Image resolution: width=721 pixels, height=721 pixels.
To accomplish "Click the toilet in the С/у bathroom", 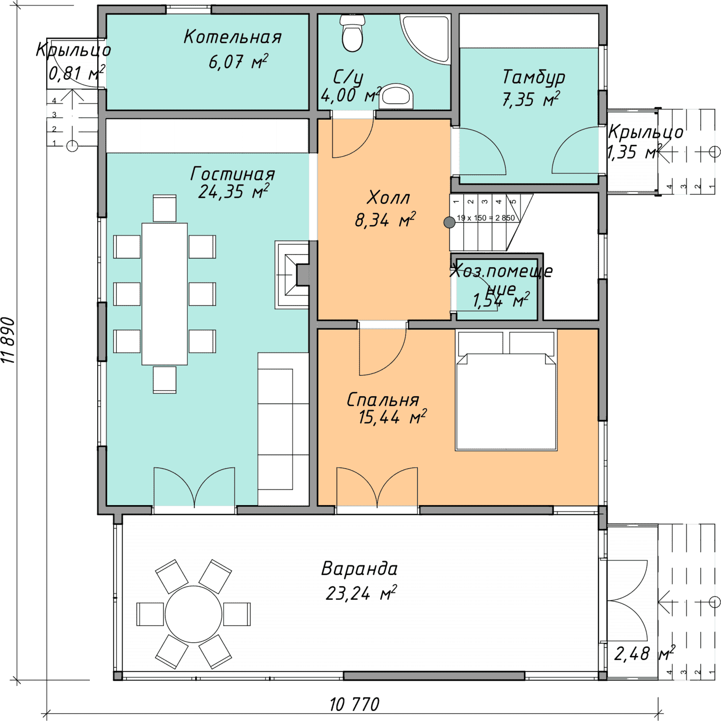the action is pos(352,33).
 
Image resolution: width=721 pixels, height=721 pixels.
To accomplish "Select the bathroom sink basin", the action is pos(397,96).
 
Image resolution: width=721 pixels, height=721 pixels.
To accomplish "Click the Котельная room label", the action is pos(232,37).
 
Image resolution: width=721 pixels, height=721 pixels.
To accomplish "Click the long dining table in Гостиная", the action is pos(164,294).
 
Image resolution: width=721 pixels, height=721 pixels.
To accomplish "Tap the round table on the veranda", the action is pos(193,614).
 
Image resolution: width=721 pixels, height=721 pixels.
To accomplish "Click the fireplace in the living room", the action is pos(292,274).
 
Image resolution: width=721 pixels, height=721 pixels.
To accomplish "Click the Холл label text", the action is pos(389,198).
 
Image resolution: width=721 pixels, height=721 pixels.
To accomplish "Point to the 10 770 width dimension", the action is pos(354,704).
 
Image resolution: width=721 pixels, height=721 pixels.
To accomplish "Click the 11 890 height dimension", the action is pos(9,340).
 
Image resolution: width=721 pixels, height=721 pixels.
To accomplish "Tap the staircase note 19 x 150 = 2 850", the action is pos(486,218).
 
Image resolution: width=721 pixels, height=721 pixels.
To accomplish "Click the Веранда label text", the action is pos(360,569).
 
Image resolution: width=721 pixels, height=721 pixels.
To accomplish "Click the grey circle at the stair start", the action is pos(449,222).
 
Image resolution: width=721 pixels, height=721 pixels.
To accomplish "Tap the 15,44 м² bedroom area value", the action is pos(392,417).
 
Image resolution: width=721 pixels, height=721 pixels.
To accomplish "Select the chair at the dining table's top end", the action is pos(164,208).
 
